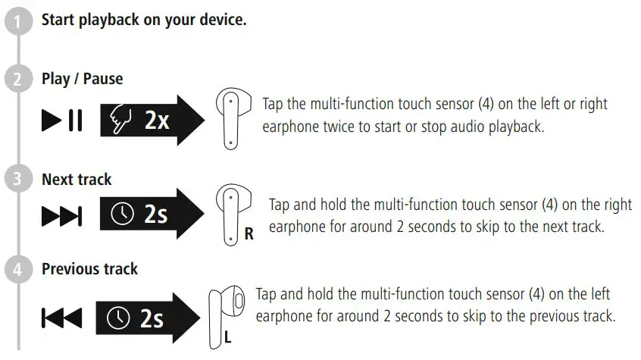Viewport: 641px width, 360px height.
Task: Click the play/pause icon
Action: (62, 121)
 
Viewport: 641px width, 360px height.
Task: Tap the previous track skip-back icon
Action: (61, 319)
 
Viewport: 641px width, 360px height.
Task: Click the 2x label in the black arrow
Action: (157, 121)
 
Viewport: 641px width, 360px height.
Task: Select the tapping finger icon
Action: (123, 121)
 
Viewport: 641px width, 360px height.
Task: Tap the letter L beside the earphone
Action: (227, 337)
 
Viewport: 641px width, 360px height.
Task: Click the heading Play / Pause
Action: (82, 79)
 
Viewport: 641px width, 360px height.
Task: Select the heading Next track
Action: (76, 180)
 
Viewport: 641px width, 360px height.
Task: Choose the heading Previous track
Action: (89, 269)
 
